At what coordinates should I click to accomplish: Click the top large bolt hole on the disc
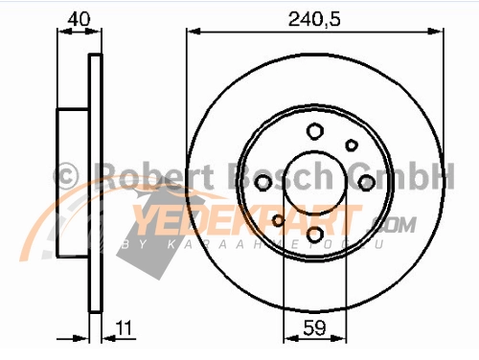pos(314,133)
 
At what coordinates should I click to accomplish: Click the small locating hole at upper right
pos(351,146)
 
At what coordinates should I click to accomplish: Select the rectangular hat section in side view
pos(74,183)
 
